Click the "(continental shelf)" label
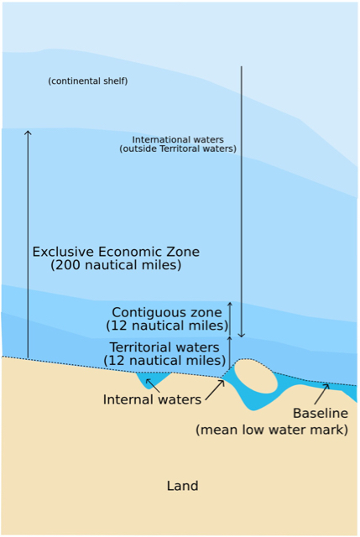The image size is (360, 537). [88, 81]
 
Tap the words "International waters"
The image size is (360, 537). [178, 140]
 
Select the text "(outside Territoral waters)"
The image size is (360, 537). [178, 149]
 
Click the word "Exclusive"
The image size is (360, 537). [63, 252]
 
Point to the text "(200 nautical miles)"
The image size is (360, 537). [116, 265]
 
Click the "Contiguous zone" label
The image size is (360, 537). [167, 313]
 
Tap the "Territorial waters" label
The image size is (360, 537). [164, 347]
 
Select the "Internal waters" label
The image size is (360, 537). [152, 399]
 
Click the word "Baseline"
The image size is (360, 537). [321, 414]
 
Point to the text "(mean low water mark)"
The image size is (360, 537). [272, 430]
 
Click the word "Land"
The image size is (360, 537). [183, 486]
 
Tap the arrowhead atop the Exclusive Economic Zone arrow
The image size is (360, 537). [28, 133]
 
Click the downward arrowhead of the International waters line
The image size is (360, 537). [242, 335]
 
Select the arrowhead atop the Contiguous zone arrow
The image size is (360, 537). [230, 304]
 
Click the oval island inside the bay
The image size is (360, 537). [256, 376]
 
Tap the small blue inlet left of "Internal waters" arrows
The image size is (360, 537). [153, 379]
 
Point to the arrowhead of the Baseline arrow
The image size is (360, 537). [326, 386]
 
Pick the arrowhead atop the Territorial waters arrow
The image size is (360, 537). [230, 338]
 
